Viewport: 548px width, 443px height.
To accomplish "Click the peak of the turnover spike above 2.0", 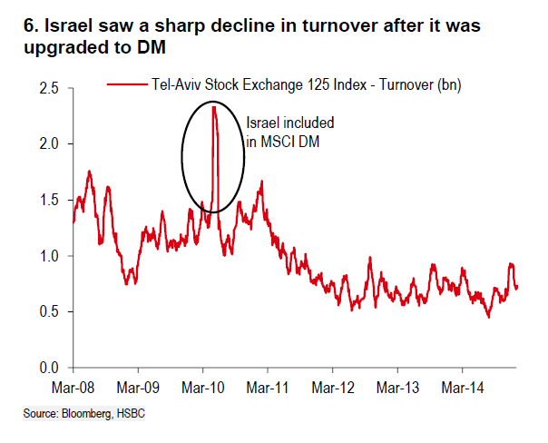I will click(x=212, y=107).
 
